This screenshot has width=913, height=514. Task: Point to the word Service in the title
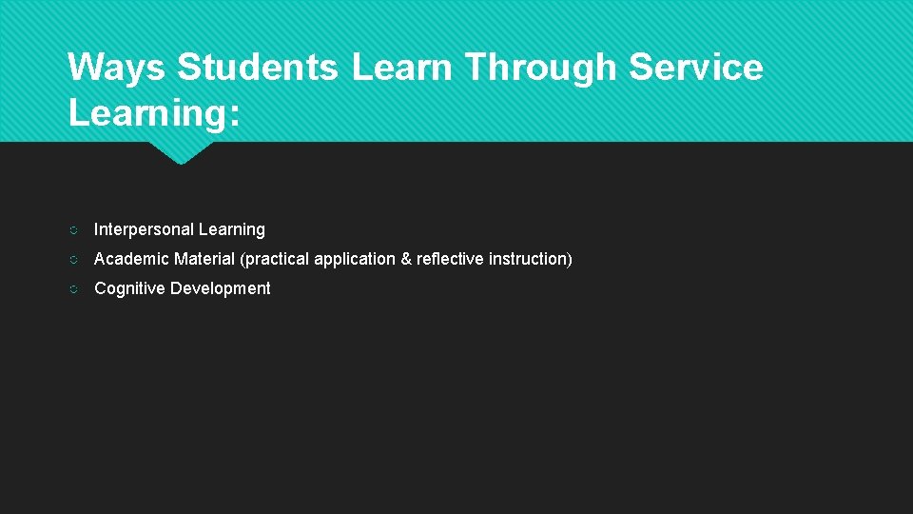pos(697,68)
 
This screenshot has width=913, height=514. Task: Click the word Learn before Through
pos(404,68)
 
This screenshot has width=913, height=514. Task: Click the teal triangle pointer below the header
pos(181,152)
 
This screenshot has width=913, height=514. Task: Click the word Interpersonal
pos(142,229)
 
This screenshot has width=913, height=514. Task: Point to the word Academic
pos(131,259)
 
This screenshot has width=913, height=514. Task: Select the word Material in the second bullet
pos(204,259)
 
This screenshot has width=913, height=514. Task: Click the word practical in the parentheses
pos(276,259)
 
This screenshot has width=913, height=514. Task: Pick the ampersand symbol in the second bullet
pos(406,259)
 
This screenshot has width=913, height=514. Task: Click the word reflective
pos(450,259)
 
